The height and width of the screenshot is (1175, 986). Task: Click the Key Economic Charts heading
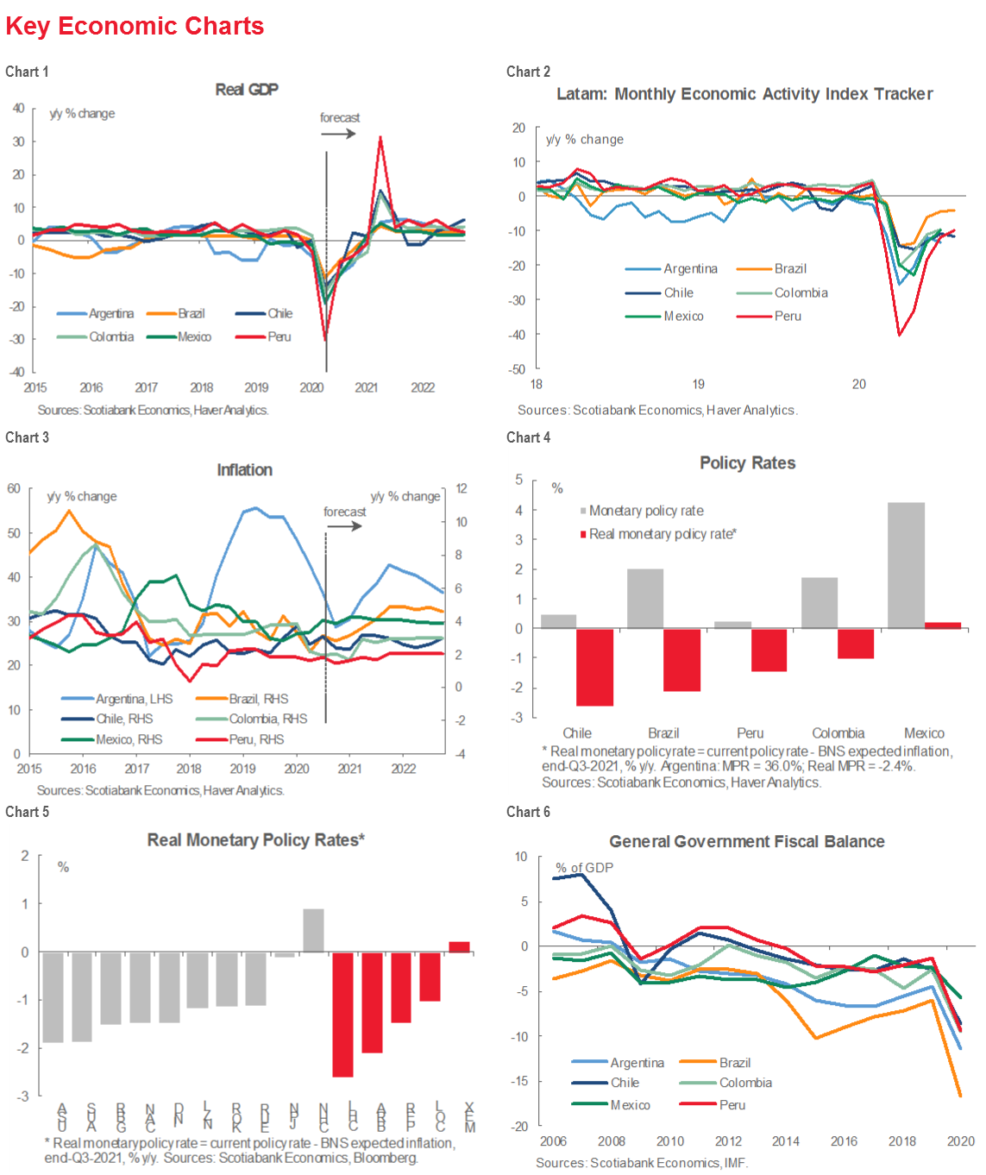click(135, 26)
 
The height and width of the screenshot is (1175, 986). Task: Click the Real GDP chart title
click(247, 90)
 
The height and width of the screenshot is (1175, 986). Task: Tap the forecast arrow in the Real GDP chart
click(339, 133)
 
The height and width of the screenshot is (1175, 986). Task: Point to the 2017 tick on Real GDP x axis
click(147, 387)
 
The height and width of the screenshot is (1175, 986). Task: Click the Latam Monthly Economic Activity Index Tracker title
click(744, 94)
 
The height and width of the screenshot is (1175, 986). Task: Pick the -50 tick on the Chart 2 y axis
click(518, 369)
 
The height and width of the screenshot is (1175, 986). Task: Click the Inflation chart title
click(244, 470)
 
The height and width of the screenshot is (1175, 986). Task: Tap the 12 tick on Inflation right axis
click(462, 488)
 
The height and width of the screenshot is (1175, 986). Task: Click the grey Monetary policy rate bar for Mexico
click(906, 565)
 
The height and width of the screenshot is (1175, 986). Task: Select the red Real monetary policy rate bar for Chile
click(594, 667)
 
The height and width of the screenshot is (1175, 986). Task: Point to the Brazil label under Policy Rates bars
click(663, 732)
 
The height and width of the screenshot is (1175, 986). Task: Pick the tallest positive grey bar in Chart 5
click(313, 930)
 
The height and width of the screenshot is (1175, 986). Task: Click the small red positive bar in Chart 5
click(460, 946)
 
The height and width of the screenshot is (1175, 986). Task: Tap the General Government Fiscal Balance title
click(746, 841)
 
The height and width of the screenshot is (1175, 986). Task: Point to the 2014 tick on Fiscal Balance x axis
click(785, 1140)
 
